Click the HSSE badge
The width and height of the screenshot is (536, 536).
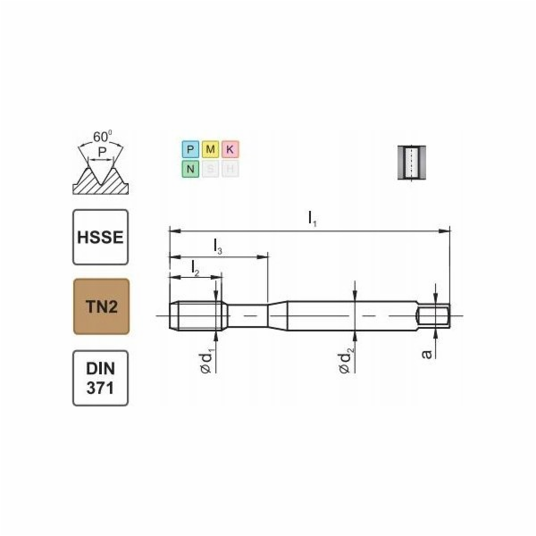[100, 237]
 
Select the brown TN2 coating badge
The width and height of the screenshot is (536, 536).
[100, 306]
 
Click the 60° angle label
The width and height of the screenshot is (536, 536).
[104, 137]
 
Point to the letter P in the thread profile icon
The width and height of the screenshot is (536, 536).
[103, 153]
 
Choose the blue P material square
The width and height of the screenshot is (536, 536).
[189, 149]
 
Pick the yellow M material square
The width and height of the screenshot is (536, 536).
[209, 149]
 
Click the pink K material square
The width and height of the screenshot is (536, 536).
[229, 149]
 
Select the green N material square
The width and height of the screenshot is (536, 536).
[189, 168]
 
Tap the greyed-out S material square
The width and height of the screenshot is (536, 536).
[209, 168]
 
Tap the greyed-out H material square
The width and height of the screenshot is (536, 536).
[229, 168]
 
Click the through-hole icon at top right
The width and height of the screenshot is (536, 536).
[410, 162]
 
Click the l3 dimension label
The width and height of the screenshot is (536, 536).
[218, 245]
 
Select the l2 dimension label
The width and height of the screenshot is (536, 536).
[194, 266]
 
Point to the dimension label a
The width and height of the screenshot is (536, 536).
[427, 354]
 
